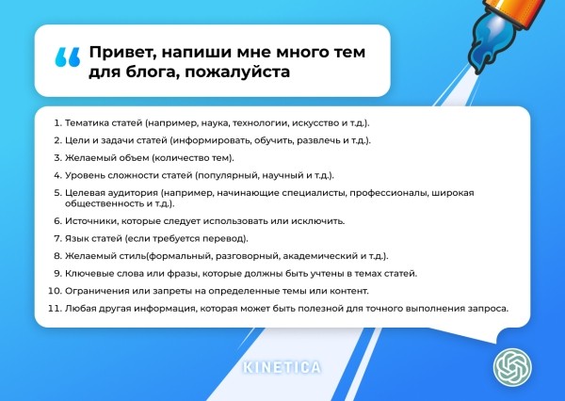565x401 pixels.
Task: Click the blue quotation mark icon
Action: tap(67, 57)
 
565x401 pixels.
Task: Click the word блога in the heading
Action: tap(148, 72)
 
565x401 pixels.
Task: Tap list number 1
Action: tap(56, 123)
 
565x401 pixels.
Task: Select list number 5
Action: tap(56, 192)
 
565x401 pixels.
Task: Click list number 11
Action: tap(55, 309)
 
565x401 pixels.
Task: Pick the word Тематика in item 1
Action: tap(87, 123)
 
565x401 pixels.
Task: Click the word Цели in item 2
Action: tap(75, 140)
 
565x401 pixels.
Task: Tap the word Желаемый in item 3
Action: tap(89, 157)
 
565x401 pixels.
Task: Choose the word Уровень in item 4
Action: tap(85, 175)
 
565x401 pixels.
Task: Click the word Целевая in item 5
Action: tap(85, 192)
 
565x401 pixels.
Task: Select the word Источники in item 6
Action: tap(89, 221)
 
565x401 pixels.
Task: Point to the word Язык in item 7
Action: tap(75, 239)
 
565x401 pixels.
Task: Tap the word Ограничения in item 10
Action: tap(96, 291)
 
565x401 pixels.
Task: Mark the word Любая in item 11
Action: tap(80, 309)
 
